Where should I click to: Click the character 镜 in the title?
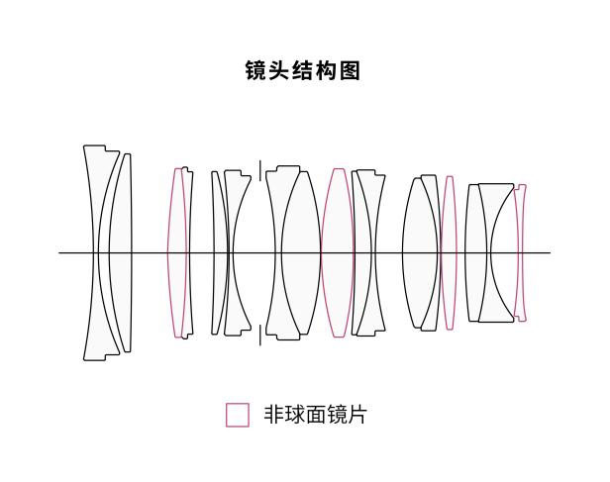pyautogui.click(x=256, y=70)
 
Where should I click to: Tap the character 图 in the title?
pyautogui.click(x=350, y=70)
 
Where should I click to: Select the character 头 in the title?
pyautogui.click(x=279, y=70)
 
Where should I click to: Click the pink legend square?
pyautogui.click(x=238, y=415)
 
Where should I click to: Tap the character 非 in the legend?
pyautogui.click(x=274, y=415)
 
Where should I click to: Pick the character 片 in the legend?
pyautogui.click(x=357, y=415)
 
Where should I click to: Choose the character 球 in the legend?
pyautogui.click(x=295, y=415)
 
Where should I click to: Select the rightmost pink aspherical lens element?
pyautogui.click(x=520, y=253)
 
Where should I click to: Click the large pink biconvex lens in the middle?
pyautogui.click(x=338, y=253)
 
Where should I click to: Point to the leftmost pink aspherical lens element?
pyautogui.click(x=177, y=253)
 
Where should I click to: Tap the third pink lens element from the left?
pyautogui.click(x=450, y=253)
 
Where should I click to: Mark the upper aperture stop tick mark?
pyautogui.click(x=260, y=170)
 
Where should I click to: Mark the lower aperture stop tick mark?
pyautogui.click(x=260, y=336)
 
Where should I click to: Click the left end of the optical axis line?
pyautogui.click(x=59, y=253)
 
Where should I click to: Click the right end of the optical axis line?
pyautogui.click(x=551, y=253)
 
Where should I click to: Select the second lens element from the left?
pyautogui.click(x=121, y=253)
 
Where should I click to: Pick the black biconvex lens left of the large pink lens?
pyautogui.click(x=300, y=253)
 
